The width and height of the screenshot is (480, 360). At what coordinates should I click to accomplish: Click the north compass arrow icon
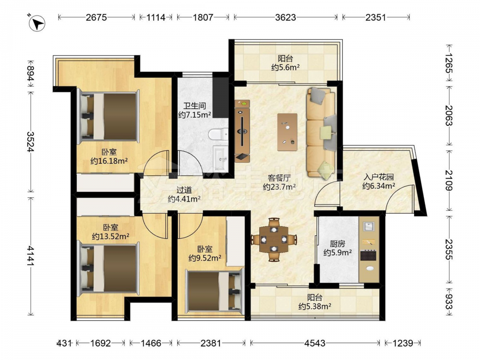37,23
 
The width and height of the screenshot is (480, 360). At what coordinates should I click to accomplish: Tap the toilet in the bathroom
218,134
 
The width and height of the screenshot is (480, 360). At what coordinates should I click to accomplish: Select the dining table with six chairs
274,239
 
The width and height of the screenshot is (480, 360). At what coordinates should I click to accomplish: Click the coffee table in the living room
287,132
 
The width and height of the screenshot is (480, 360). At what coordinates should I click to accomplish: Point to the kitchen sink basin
369,227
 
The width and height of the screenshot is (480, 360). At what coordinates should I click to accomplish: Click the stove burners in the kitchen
368,255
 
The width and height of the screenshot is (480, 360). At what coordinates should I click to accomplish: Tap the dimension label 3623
285,17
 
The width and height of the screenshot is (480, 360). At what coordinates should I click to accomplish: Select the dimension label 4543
315,343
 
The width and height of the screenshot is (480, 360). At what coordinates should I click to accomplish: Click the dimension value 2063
448,115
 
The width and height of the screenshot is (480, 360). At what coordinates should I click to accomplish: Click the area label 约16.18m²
109,161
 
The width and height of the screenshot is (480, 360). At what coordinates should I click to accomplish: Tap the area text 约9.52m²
205,258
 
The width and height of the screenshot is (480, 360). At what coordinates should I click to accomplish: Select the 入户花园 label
378,177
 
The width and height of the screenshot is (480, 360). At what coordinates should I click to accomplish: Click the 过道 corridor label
184,190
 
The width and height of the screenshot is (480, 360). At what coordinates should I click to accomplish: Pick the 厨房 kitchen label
337,244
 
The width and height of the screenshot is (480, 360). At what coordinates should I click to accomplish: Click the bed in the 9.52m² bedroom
215,291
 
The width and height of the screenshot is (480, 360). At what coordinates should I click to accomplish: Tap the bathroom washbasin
220,158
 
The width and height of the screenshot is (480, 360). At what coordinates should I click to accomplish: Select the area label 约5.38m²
315,306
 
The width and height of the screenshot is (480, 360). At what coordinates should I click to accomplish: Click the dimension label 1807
203,17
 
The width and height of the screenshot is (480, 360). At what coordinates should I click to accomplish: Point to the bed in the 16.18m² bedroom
108,117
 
